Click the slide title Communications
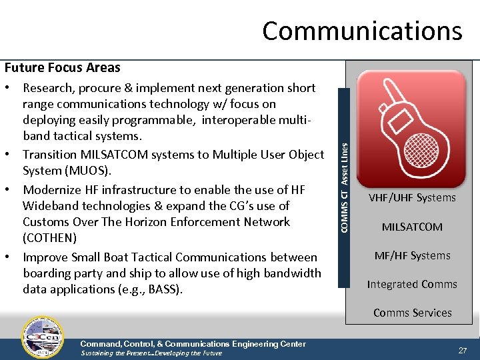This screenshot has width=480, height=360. [362, 31]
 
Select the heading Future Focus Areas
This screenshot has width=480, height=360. [63, 67]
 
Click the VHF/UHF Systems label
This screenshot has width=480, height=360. [412, 197]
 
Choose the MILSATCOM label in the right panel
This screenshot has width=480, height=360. [412, 227]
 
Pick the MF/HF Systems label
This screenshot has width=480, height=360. [412, 255]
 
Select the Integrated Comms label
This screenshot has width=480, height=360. [412, 284]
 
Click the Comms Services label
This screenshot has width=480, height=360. [412, 313]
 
